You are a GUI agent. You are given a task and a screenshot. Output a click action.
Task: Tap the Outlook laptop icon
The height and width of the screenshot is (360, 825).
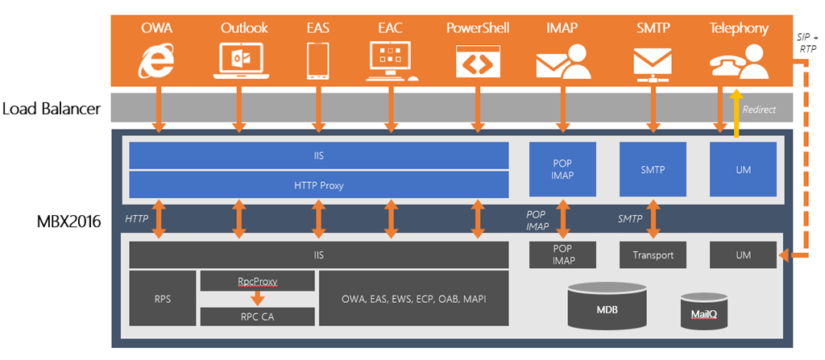pos(238,62)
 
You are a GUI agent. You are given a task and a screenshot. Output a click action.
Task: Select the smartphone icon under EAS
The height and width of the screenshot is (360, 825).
pos(318,62)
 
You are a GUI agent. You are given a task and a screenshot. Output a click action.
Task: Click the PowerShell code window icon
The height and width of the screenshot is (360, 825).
pos(479,62)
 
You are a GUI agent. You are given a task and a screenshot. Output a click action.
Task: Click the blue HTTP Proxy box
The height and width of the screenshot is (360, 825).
pos(318,184)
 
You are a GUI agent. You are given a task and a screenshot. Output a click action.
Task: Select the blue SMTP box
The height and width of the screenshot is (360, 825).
pos(653,170)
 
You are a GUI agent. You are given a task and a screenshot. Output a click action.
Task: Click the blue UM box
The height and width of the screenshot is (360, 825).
pos(742,170)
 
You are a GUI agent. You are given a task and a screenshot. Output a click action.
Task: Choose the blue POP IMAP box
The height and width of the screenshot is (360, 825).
pos(562,170)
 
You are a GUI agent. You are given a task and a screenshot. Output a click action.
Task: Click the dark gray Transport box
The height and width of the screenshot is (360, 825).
pos(653,255)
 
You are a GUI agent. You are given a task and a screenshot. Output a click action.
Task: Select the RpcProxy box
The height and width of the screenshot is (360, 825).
pos(257,281)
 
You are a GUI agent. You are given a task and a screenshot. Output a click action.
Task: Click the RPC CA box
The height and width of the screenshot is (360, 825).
pos(257,317)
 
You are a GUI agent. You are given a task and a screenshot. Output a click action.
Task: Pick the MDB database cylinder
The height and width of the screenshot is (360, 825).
pos(607,307)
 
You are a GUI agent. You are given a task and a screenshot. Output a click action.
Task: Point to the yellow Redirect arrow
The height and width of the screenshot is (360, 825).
pos(735,114)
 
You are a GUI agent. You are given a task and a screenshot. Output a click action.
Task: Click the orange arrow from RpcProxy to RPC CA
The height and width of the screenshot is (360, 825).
pos(257,298)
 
